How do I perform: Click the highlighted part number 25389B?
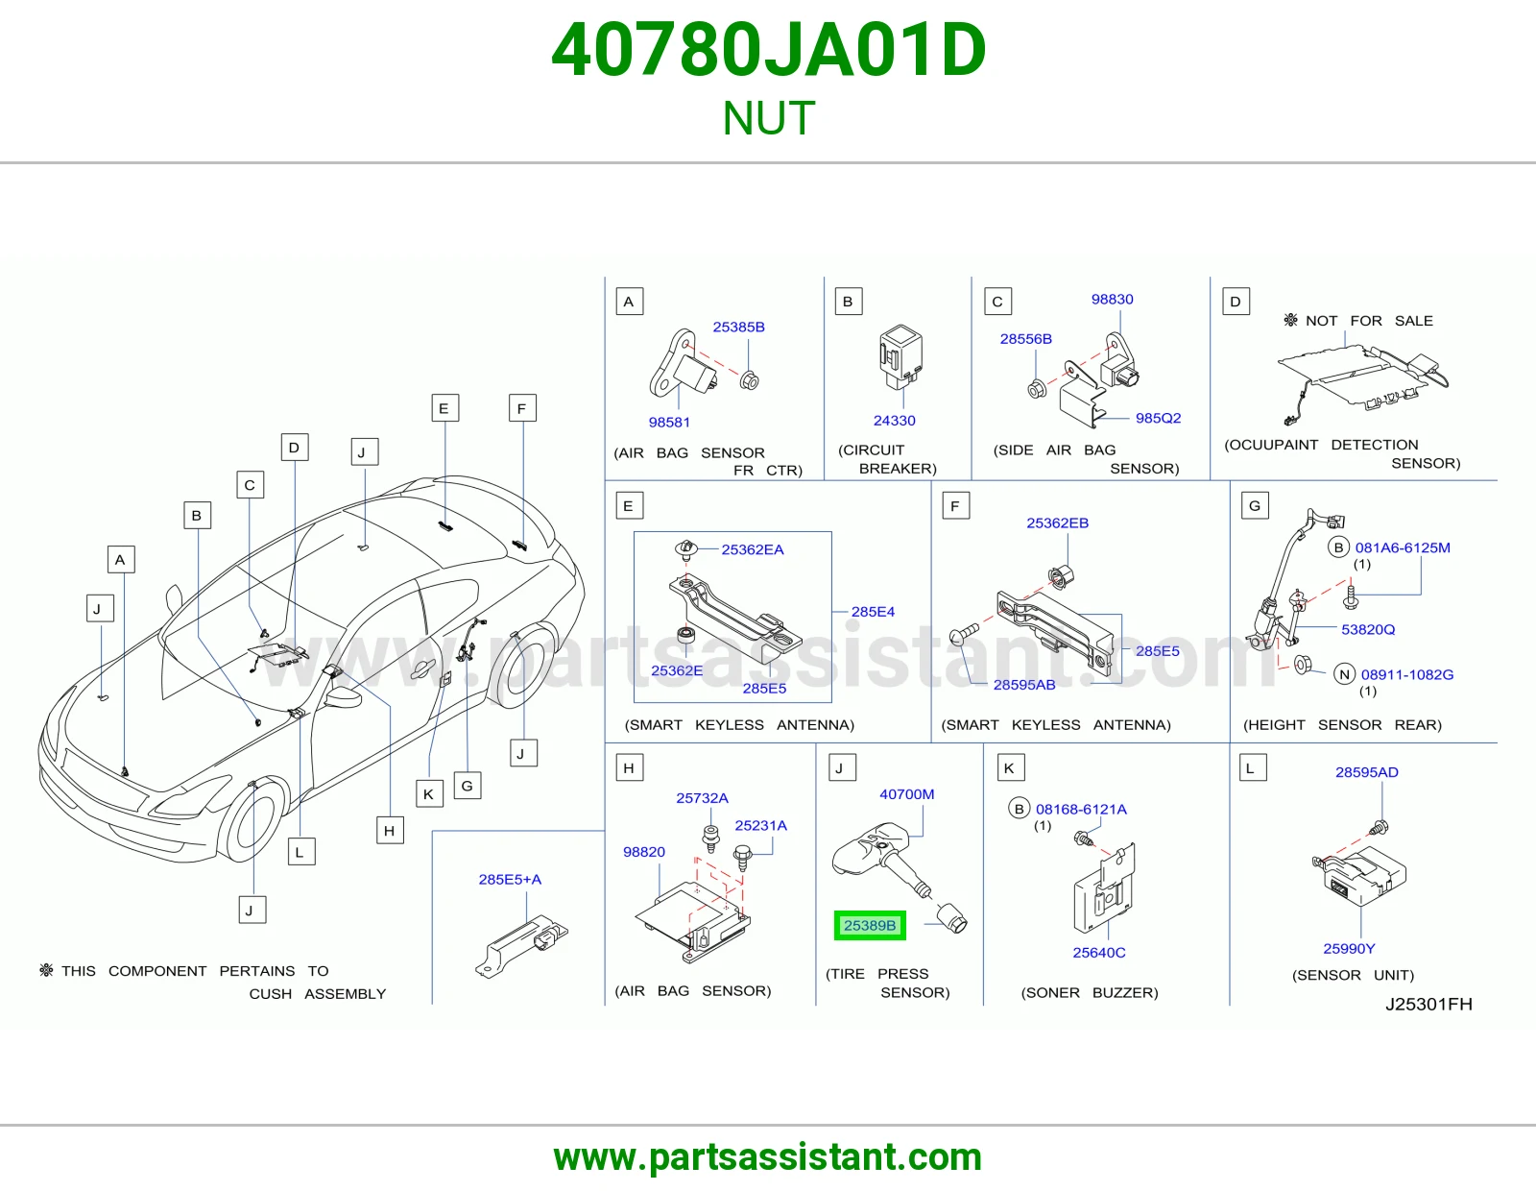870,925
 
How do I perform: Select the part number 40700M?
906,794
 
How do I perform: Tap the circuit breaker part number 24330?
894,420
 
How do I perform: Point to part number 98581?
669,423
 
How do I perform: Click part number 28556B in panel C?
1025,339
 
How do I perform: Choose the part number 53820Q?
1368,629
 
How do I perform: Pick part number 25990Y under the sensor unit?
1349,948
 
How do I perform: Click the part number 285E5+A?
510,879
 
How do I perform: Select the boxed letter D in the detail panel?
1236,302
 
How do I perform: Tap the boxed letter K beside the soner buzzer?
1010,768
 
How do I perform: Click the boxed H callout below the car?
390,830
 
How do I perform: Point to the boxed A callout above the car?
121,559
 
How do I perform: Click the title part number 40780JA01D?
768,50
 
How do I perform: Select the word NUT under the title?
768,118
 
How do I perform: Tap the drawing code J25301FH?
1428,1004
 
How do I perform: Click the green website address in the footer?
768,1157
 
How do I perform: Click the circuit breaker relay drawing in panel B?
900,356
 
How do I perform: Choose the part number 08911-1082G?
1406,674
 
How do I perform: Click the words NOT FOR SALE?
1369,321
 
